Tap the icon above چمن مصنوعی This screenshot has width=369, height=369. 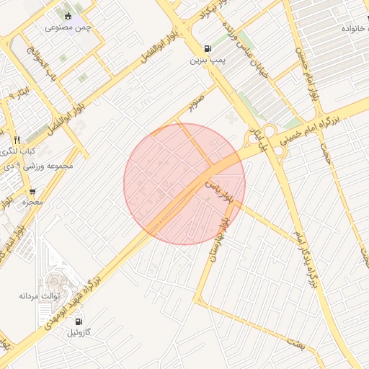tap(68, 15)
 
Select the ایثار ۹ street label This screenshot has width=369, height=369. tap(24, 94)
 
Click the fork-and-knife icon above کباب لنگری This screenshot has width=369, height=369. tap(17, 139)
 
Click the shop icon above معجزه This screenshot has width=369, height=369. tap(32, 191)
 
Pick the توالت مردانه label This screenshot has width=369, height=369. tap(37, 295)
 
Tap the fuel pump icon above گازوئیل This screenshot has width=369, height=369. tap(78, 321)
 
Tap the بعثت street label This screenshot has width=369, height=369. tap(298, 345)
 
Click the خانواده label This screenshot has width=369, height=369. tap(356, 27)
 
